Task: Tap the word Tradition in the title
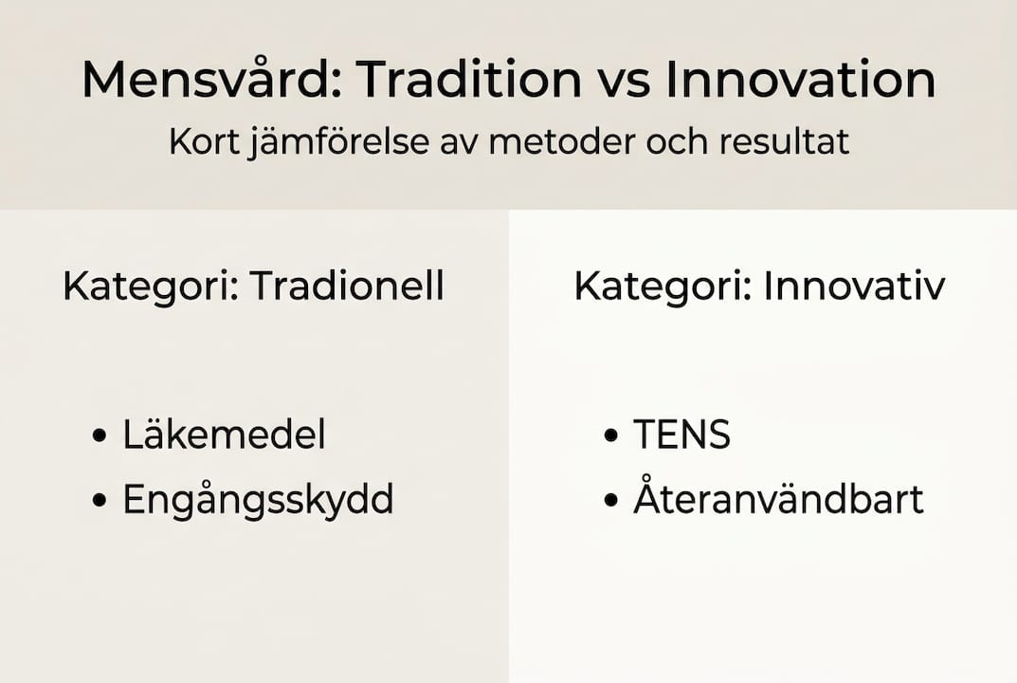[469, 80]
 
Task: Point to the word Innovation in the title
[800, 80]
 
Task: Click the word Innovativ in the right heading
[853, 286]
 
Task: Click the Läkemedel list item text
[224, 435]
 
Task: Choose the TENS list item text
[681, 435]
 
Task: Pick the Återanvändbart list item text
[778, 500]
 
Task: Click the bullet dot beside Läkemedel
[100, 437]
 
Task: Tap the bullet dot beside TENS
[610, 437]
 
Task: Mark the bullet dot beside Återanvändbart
[610, 502]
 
